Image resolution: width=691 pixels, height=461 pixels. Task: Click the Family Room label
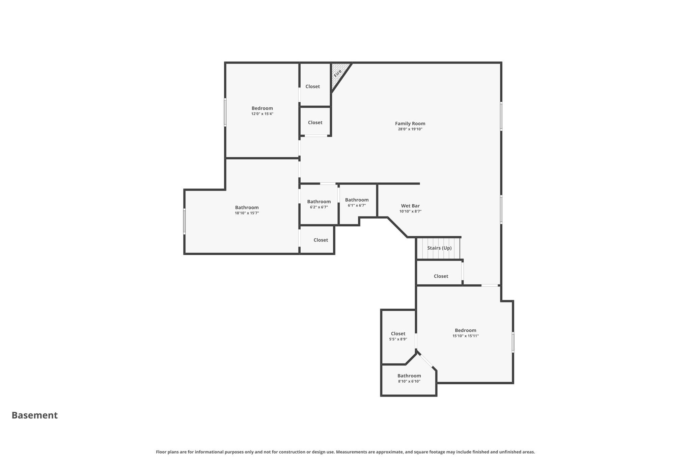coord(410,124)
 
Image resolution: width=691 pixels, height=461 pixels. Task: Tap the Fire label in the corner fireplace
coord(338,73)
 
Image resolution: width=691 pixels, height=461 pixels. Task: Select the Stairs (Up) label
coord(439,248)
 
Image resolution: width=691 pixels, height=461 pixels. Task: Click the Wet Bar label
coord(410,206)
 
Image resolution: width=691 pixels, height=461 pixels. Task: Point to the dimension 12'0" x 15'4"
coord(262,114)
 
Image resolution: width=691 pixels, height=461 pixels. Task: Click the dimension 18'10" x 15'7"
coord(247,213)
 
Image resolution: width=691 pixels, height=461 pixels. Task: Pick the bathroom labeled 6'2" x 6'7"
coord(319,202)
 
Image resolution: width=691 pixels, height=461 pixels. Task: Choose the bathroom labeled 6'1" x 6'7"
coord(357,200)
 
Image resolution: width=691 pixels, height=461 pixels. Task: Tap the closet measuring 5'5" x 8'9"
coord(398,334)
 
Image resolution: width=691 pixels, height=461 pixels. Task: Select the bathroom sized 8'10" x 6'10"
coord(409,376)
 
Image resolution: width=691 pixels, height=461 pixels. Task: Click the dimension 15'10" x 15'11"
coord(465,336)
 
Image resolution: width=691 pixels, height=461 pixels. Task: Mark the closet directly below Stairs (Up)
coord(441,276)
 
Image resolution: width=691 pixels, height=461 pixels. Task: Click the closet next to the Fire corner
coord(312,86)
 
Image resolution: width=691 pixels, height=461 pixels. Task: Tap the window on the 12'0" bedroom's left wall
coord(225,112)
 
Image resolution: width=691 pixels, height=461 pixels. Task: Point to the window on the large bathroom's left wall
coord(184,221)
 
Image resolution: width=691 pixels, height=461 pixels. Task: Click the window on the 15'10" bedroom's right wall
coord(513,342)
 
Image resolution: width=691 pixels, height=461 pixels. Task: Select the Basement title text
coord(35,415)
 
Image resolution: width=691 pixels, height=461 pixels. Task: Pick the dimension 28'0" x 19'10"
coord(410,129)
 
